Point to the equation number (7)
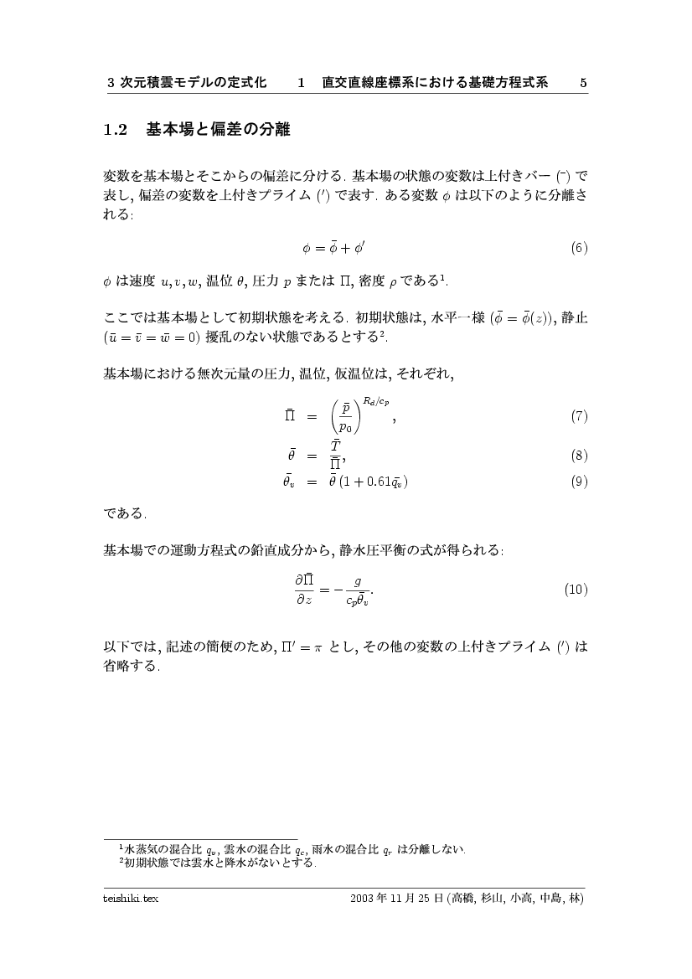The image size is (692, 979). (x=579, y=415)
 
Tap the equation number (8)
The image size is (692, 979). (x=579, y=456)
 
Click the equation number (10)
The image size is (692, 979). (x=576, y=589)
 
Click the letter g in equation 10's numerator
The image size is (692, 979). (x=358, y=579)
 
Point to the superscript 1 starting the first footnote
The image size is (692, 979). (x=121, y=846)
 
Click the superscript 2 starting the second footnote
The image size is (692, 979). (x=121, y=860)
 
